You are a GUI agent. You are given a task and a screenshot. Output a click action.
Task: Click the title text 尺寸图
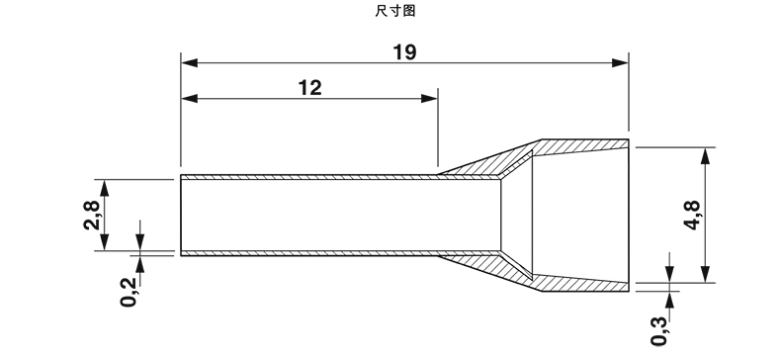(x=395, y=11)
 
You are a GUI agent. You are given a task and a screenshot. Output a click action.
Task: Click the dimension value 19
(x=404, y=52)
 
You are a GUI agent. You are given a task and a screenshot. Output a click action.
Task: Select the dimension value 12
(x=309, y=88)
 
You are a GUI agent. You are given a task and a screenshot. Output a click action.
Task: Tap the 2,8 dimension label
(x=92, y=215)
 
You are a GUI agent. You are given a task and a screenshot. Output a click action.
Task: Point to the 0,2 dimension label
(x=129, y=292)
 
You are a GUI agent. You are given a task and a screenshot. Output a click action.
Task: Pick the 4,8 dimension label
(x=692, y=215)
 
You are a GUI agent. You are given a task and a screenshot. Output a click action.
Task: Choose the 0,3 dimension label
(x=659, y=330)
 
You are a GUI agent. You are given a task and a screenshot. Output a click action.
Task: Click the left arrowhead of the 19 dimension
(x=189, y=63)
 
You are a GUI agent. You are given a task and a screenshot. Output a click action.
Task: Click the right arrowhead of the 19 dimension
(x=620, y=63)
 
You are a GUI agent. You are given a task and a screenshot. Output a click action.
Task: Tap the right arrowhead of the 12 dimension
(x=429, y=99)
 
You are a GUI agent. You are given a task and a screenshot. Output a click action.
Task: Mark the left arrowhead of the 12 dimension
(x=189, y=99)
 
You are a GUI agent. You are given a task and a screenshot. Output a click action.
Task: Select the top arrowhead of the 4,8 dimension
(x=705, y=156)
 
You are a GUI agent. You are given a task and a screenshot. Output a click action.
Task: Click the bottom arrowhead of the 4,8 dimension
(x=705, y=274)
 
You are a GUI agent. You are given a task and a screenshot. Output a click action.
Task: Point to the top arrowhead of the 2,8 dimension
(x=104, y=188)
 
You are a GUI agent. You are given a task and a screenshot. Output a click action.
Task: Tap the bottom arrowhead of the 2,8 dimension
(x=104, y=242)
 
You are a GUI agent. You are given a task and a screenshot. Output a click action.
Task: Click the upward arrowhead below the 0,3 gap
(x=670, y=299)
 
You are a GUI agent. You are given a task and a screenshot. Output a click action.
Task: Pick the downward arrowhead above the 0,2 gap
(x=140, y=242)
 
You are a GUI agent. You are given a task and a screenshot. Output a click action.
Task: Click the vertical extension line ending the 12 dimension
(x=438, y=128)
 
